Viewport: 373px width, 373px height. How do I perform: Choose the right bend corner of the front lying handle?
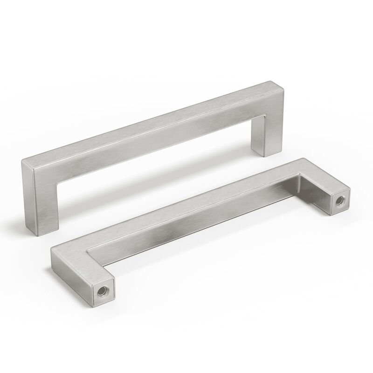303,166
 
